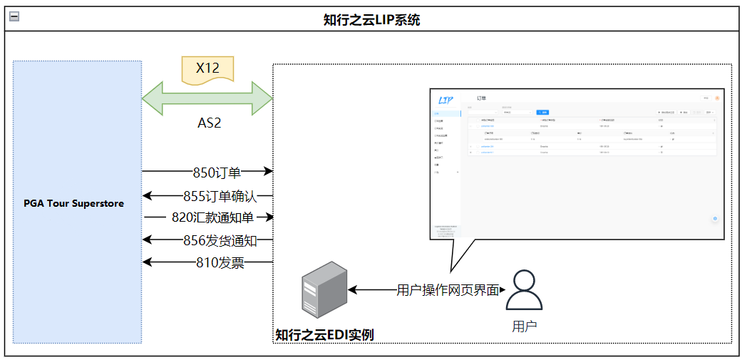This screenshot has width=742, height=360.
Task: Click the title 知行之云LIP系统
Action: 371,20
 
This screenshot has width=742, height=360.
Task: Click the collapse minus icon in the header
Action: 14,17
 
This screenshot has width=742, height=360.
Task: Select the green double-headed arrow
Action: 207,97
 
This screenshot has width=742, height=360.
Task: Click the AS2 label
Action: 209,123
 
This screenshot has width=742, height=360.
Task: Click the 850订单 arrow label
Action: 217,172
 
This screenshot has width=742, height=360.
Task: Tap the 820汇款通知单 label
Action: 214,217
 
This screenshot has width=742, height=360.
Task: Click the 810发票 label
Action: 220,263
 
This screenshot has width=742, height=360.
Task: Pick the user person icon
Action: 524,289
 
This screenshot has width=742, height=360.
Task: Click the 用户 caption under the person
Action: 524,326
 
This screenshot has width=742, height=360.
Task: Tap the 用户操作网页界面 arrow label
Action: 447,290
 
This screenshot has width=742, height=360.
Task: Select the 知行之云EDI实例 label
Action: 324,334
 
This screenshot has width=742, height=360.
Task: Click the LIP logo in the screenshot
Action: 446,100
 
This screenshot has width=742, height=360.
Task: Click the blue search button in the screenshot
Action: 543,112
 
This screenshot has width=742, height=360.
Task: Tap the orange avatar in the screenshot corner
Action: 717,98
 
